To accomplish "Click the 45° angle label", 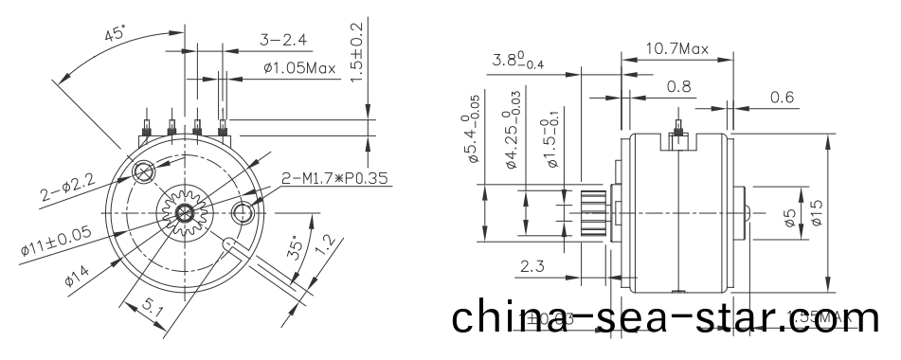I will point(116,35).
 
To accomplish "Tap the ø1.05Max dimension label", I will point(298,68).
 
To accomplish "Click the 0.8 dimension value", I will point(678,87).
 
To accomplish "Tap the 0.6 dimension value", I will point(783,97).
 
